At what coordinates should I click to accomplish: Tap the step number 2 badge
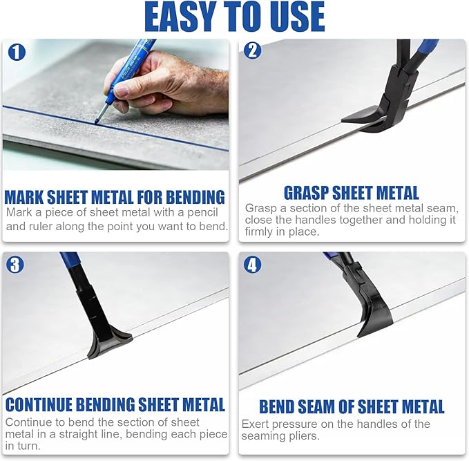[253, 50]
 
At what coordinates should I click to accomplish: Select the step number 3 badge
[15, 263]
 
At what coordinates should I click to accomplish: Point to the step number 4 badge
[253, 263]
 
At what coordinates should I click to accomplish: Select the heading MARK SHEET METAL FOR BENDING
[115, 197]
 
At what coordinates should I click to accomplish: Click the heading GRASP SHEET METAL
[352, 193]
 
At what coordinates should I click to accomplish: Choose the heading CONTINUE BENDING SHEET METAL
[115, 404]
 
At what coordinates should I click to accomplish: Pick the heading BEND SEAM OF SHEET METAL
[352, 406]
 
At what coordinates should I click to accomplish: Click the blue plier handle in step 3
[69, 261]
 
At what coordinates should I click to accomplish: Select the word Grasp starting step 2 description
[261, 207]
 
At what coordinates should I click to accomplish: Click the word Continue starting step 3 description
[28, 422]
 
